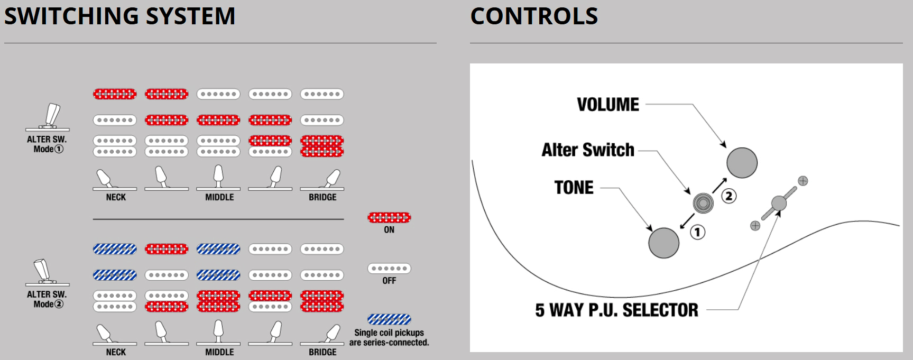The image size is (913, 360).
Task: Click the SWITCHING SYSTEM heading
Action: (119, 16)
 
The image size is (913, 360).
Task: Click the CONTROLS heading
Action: (534, 16)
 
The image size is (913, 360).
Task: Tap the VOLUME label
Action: (608, 105)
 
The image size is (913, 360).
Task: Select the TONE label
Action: (574, 188)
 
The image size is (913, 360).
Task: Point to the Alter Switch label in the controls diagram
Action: (588, 150)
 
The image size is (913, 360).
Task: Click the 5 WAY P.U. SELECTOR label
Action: (616, 310)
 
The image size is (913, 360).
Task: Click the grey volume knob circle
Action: (742, 163)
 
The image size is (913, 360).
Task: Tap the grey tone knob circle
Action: (663, 243)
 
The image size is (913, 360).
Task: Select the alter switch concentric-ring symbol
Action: (703, 202)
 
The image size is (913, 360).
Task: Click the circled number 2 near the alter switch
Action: (729, 196)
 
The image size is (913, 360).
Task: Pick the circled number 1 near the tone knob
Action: (698, 232)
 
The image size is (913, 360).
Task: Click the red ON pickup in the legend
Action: (389, 217)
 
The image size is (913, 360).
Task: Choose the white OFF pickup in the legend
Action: (389, 269)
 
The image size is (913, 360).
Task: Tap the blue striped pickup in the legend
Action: (389, 319)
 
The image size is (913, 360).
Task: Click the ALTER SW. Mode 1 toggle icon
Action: (48, 117)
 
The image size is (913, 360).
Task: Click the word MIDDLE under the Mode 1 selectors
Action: (219, 197)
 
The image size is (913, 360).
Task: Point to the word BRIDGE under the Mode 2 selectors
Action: (322, 352)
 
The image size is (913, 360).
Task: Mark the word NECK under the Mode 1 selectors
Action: (116, 197)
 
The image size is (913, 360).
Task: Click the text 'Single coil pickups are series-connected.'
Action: (389, 337)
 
